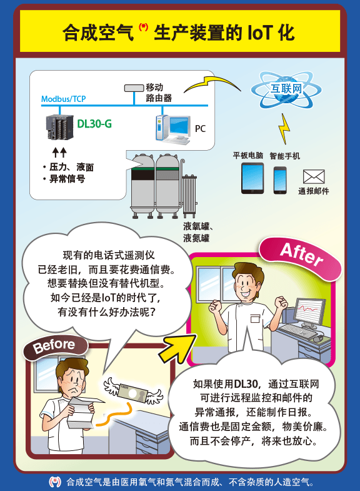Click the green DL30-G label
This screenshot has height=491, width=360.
[94, 123]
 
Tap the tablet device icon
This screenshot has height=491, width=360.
[252, 178]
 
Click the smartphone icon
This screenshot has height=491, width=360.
[280, 179]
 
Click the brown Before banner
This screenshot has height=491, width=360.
[54, 346]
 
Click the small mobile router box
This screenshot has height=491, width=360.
[134, 87]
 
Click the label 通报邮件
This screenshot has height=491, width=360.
[313, 191]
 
